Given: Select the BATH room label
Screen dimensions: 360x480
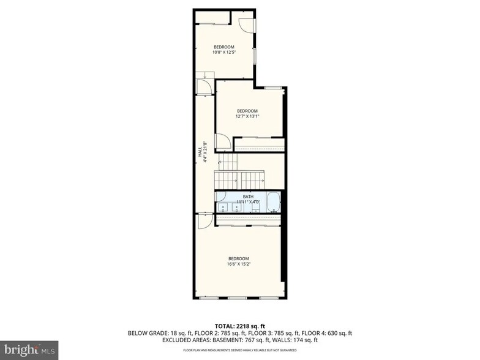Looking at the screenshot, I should pyautogui.click(x=247, y=197).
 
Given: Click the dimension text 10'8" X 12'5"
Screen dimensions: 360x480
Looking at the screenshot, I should pyautogui.click(x=224, y=53).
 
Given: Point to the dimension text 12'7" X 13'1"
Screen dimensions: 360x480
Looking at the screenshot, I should pyautogui.click(x=247, y=116).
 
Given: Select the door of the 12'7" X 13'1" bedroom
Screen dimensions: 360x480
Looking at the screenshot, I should pyautogui.click(x=225, y=141).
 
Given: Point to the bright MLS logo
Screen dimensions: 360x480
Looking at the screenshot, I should pyautogui.click(x=29, y=350).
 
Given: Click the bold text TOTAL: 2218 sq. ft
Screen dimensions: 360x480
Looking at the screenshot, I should pyautogui.click(x=240, y=326).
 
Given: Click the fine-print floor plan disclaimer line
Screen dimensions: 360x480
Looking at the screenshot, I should pyautogui.click(x=240, y=350).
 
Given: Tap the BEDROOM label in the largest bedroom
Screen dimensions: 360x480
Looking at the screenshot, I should pyautogui.click(x=239, y=257).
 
